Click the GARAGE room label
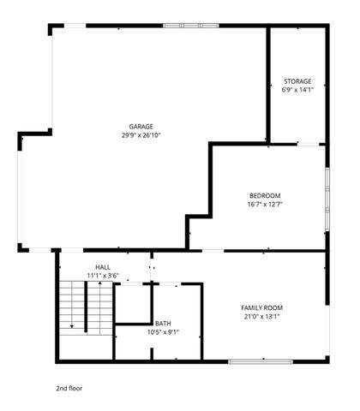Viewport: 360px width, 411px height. click(141, 127)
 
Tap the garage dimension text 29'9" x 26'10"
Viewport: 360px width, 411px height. click(141, 134)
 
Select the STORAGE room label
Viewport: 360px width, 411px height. click(297, 81)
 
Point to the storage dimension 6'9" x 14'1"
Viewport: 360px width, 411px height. click(297, 89)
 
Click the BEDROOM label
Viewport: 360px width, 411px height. click(265, 196)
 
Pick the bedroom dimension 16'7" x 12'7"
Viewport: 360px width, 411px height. click(265, 204)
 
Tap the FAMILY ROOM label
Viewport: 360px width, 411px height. click(261, 307)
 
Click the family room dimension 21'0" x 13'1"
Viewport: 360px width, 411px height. click(261, 316)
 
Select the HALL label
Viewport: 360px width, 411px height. click(102, 268)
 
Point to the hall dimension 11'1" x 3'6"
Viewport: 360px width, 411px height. click(102, 276)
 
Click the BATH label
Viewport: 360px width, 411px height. click(163, 323)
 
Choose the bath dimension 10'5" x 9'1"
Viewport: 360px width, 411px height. click(163, 331)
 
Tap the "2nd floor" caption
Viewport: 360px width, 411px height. click(69, 388)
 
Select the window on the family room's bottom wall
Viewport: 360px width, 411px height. click(256, 360)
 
